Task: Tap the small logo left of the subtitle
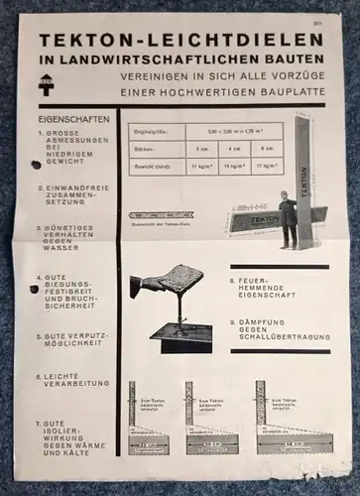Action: tap(46, 81)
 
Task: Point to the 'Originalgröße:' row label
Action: tap(153, 131)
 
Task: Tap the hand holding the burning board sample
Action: tap(150, 285)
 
